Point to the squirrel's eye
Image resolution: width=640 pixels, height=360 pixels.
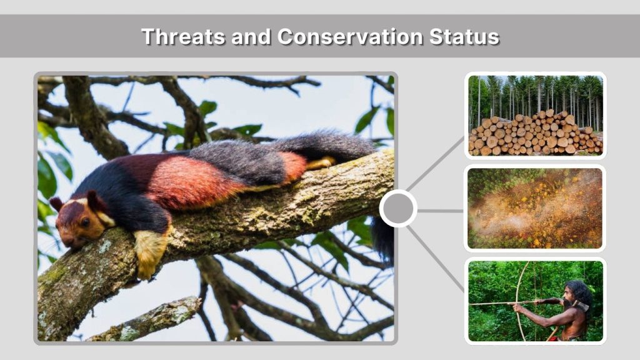click(x=85, y=221)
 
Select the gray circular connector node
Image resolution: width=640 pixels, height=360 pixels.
click(x=398, y=208)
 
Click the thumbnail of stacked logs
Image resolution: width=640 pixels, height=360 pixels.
click(x=535, y=116)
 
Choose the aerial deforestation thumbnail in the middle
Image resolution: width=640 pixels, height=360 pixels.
click(x=535, y=208)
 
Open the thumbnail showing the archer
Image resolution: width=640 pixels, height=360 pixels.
click(x=535, y=301)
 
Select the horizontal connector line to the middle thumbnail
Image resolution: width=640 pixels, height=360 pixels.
click(x=440, y=211)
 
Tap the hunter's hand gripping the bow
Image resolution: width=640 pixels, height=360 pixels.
click(x=517, y=307)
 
